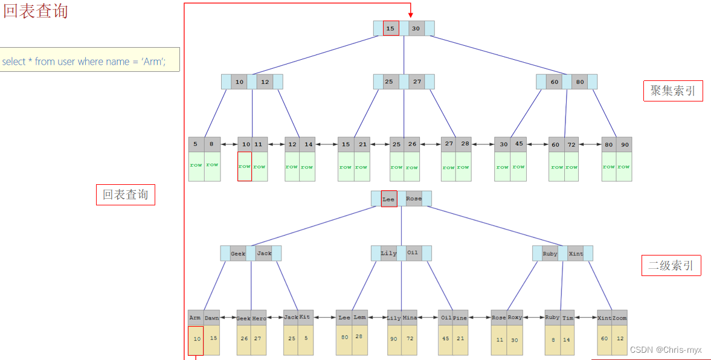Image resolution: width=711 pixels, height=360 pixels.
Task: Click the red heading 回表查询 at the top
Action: tap(36, 11)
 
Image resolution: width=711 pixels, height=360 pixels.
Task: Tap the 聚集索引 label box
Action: tap(672, 91)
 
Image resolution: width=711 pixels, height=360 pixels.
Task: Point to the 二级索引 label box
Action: tap(671, 265)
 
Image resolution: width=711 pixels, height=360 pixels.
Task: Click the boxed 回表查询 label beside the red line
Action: tap(125, 194)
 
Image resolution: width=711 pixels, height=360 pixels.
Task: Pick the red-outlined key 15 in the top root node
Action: tap(391, 28)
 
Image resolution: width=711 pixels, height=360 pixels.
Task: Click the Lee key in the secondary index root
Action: tap(388, 199)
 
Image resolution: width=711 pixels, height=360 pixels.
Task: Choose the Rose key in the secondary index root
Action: tap(414, 199)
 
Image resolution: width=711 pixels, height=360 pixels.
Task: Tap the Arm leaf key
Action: tap(195, 318)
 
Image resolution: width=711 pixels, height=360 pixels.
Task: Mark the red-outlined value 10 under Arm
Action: tap(196, 340)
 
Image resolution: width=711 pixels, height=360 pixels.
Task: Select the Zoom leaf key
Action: tap(620, 318)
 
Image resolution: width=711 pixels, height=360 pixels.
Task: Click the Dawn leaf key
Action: tap(211, 318)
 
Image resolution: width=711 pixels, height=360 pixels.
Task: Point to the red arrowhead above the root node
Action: tap(410, 14)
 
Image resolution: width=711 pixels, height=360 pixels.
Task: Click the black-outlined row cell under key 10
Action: tap(244, 166)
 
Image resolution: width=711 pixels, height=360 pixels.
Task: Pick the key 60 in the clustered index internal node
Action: tap(554, 82)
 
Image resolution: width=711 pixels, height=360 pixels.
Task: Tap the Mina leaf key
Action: tap(410, 318)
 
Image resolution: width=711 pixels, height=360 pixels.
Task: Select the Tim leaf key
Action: tap(568, 318)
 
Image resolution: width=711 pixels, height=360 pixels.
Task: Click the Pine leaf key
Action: tap(460, 318)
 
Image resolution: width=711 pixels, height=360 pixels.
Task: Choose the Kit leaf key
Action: tap(305, 318)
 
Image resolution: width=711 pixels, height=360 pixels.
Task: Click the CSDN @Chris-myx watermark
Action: tap(666, 350)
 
